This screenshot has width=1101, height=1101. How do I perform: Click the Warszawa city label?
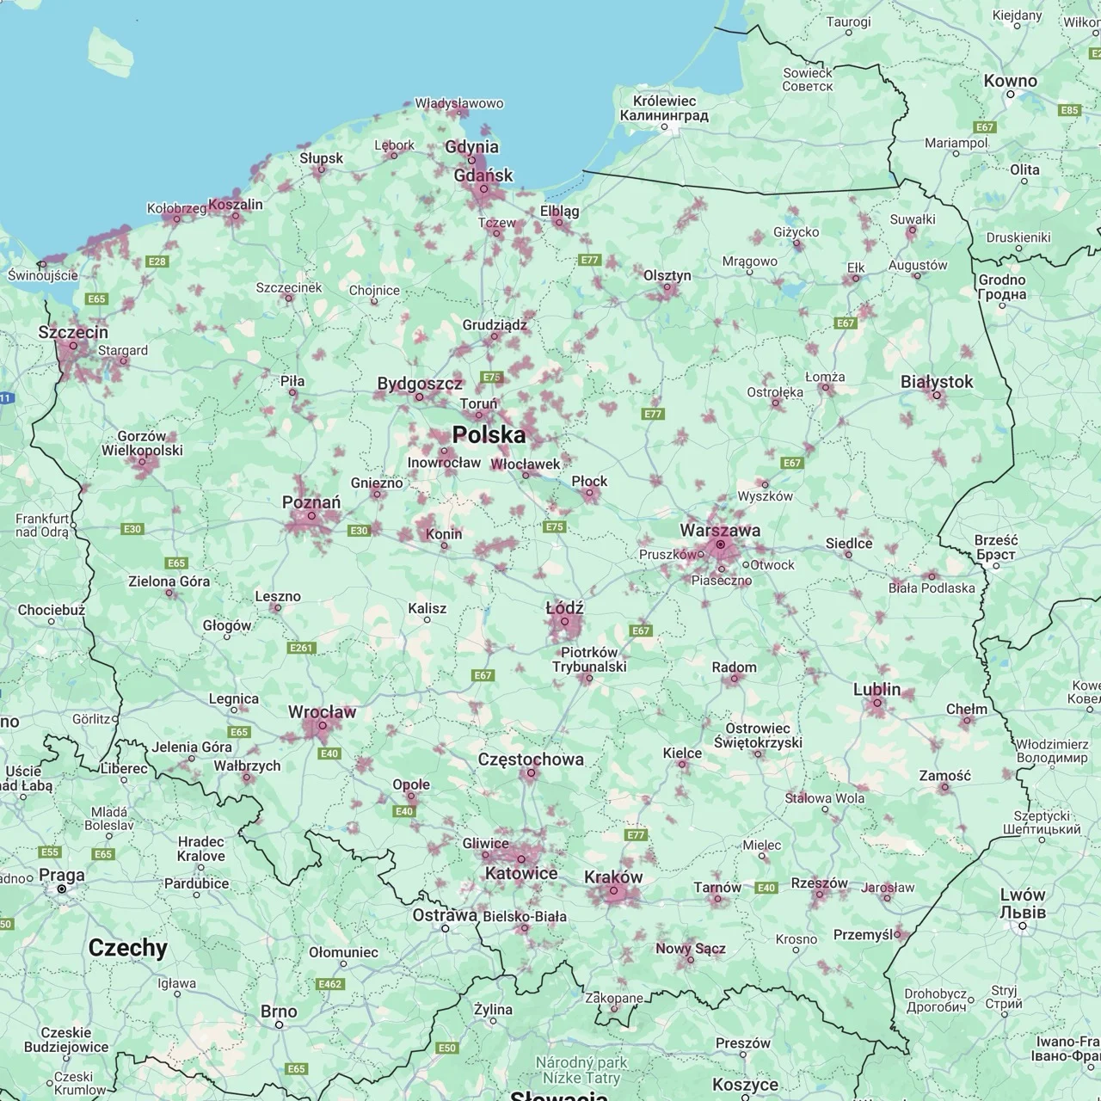point(720,530)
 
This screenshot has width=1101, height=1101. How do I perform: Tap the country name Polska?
point(489,434)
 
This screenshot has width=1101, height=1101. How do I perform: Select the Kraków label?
point(613,877)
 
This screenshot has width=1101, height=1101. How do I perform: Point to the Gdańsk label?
point(483,175)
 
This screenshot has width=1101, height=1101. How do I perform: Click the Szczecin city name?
point(73,332)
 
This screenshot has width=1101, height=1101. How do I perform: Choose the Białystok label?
point(937,381)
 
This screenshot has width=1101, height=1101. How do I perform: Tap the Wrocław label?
point(322,712)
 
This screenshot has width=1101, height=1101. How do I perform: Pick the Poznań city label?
point(311,502)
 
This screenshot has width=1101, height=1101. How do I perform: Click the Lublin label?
point(876,689)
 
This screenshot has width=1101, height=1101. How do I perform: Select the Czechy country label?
point(128,947)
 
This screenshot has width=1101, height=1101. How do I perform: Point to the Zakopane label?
point(613,998)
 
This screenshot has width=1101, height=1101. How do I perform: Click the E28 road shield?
point(157,261)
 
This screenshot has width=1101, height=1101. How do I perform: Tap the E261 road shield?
point(302,647)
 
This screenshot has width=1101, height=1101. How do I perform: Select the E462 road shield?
point(330,984)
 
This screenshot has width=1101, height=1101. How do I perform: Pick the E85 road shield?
point(1069,110)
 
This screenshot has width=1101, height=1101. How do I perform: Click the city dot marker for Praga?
point(62,889)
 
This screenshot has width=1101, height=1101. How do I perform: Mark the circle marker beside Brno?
point(279,1024)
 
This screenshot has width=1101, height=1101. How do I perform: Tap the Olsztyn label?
point(667,275)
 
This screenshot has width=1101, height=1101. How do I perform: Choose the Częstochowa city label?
point(531,760)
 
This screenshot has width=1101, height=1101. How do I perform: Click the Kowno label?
point(1011,81)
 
